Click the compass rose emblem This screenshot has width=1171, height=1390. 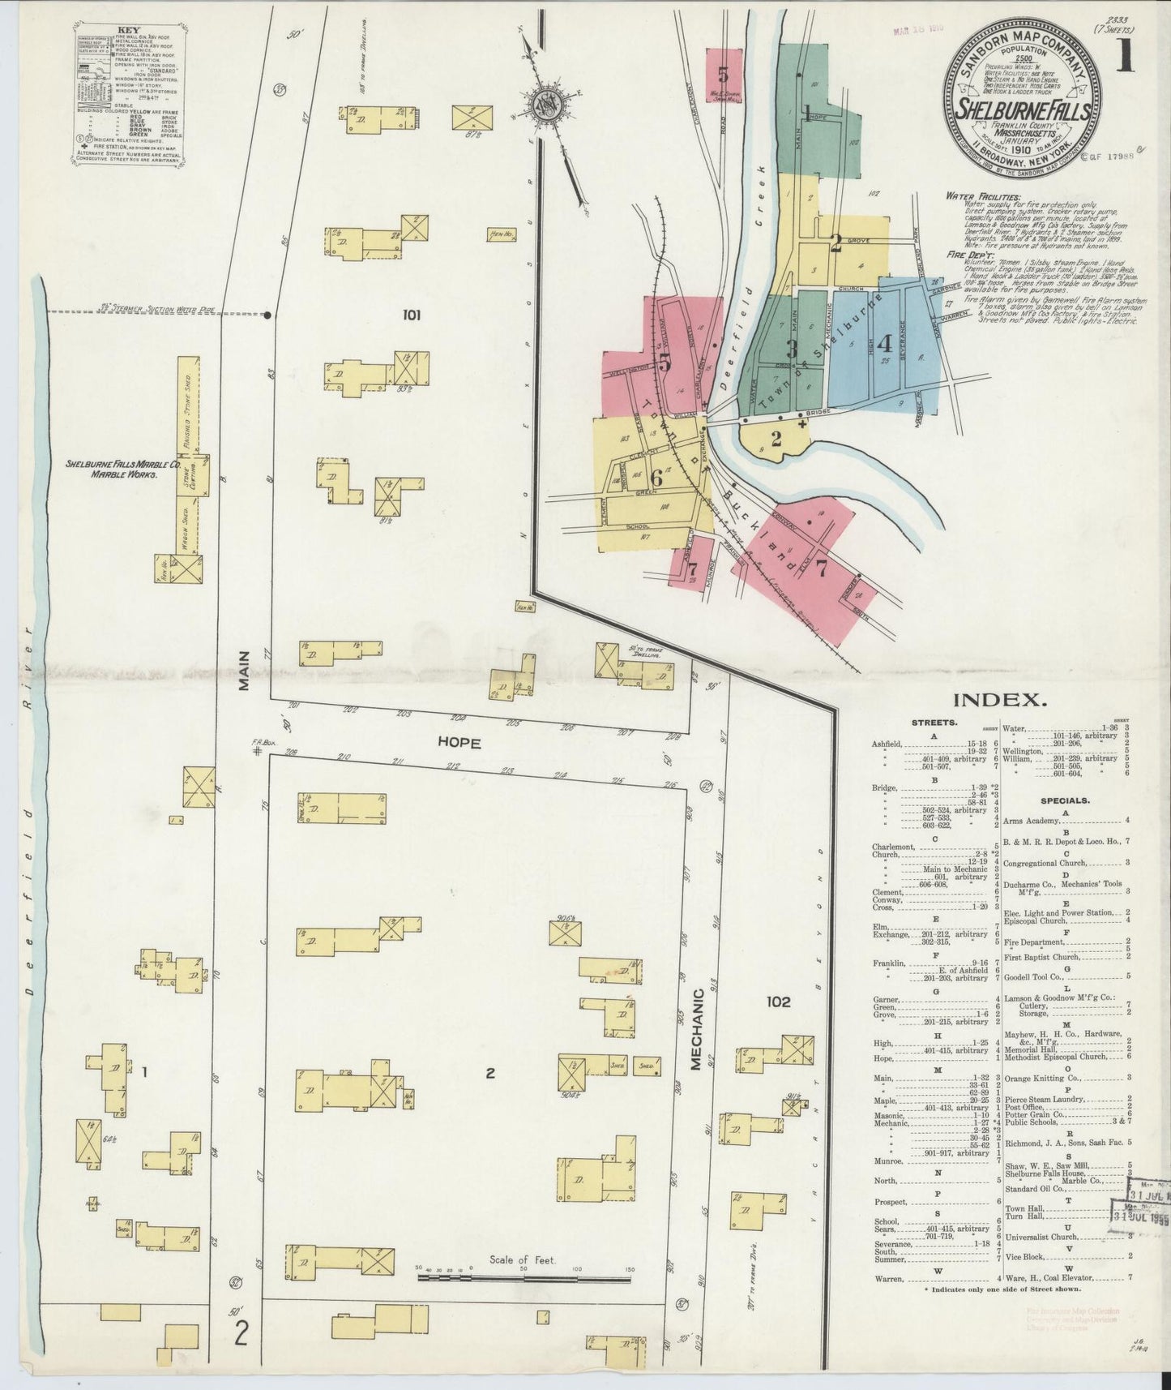pyautogui.click(x=544, y=103)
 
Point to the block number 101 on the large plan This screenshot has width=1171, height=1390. pyautogui.click(x=411, y=316)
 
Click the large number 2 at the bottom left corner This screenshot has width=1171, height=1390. pyautogui.click(x=241, y=1332)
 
